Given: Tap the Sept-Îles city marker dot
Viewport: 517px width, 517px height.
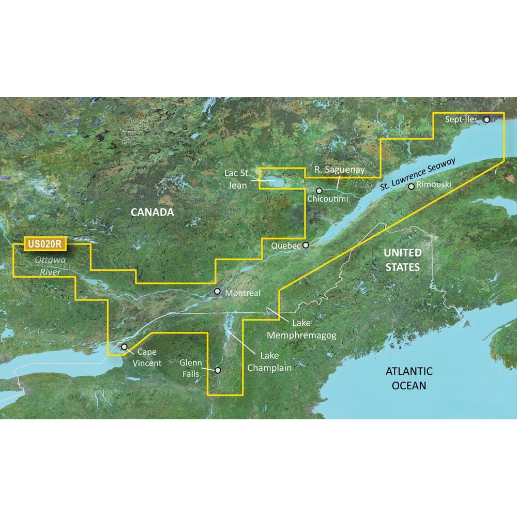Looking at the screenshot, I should pos(486,120).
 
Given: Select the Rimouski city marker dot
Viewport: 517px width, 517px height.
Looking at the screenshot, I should pos(411,187).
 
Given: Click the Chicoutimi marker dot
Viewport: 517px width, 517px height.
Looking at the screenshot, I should pos(320,190).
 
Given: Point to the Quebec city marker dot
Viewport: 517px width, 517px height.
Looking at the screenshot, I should pos(306,246).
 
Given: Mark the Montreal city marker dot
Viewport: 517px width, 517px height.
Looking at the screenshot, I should pos(218,292).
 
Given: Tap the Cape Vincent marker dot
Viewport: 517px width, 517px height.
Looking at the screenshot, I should pos(124,347).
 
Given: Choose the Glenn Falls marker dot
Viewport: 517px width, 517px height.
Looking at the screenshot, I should pos(218,370).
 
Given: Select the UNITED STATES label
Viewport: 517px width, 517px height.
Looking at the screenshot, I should pos(402,260).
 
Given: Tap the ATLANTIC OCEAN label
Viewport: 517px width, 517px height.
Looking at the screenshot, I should pos(409,378).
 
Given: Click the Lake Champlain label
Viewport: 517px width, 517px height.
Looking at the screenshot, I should pos(269,361).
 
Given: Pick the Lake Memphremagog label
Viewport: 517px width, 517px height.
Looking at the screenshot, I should pos(301,329).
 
